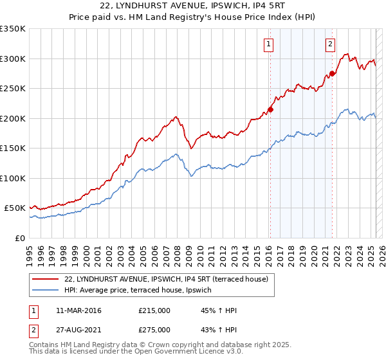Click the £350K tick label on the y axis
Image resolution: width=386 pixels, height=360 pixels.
(x=13, y=29)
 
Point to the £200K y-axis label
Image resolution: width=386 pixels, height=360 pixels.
(x=13, y=118)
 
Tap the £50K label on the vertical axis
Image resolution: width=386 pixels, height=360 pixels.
(x=15, y=208)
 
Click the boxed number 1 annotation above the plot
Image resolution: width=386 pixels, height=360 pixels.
(x=268, y=44)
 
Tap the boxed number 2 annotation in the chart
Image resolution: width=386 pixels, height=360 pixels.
(x=329, y=44)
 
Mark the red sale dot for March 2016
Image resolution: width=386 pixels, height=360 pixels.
(x=270, y=109)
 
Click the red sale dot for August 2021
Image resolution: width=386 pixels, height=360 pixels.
(x=332, y=73)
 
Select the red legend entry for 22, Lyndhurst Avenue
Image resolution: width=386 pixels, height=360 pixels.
(x=170, y=279)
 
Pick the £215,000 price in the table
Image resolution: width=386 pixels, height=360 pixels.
(x=154, y=310)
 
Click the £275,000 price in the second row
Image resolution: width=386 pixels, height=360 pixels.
(x=154, y=329)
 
